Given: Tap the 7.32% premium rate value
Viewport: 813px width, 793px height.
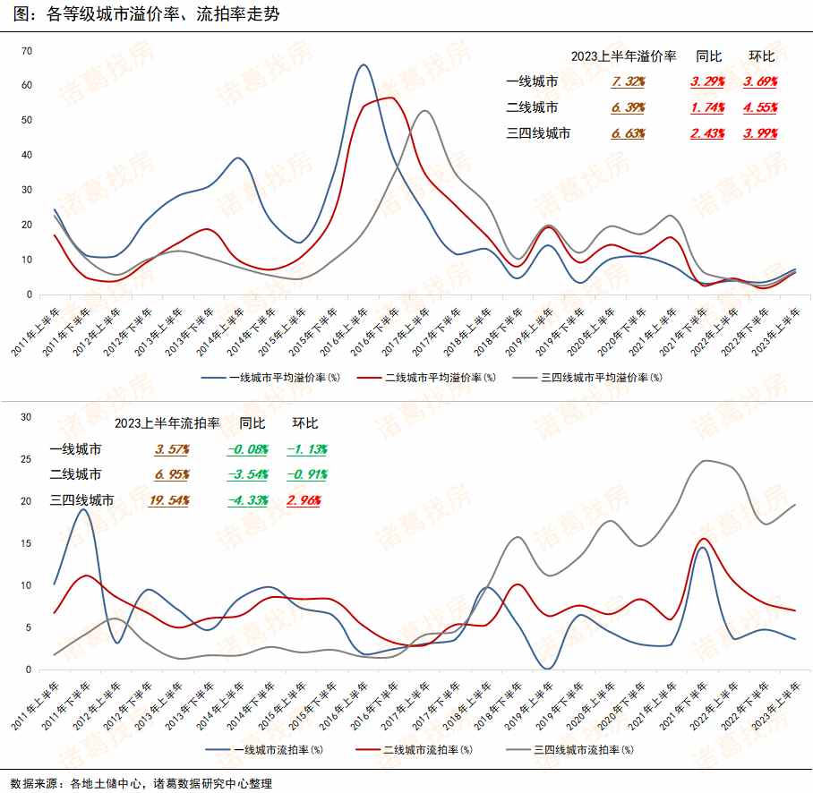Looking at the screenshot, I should [629, 81].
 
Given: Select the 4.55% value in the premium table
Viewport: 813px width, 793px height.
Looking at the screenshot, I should [760, 107].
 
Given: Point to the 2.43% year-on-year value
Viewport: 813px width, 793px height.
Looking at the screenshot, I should [707, 133].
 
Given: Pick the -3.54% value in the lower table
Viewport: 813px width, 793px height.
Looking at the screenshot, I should [248, 474].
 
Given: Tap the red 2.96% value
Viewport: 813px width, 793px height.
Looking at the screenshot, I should [304, 500].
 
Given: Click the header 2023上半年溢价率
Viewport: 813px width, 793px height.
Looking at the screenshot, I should [623, 55].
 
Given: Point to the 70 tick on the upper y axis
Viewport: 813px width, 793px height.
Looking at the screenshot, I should [27, 51].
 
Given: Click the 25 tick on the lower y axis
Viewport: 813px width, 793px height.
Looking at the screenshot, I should [26, 459].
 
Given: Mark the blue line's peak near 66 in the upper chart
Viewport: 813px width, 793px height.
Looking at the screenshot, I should [363, 64].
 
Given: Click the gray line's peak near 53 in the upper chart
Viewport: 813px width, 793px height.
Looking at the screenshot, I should [424, 111].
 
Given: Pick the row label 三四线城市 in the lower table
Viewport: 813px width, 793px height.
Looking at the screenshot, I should [81, 500].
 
